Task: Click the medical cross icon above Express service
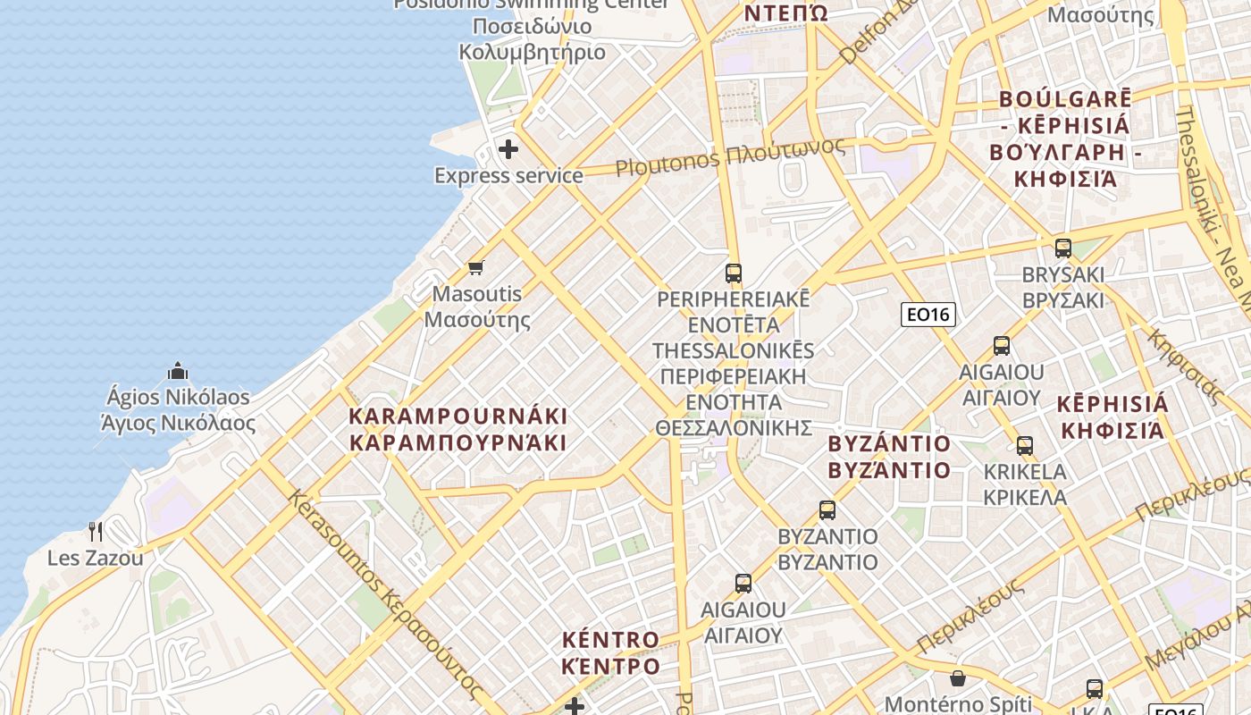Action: (508, 148)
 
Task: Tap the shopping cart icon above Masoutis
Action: (476, 267)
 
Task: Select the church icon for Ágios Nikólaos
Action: (178, 370)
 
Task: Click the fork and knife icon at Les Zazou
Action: (96, 532)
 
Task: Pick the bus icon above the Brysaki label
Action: (1063, 248)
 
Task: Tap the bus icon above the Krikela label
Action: (1025, 445)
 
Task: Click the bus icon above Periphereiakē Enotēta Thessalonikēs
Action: (734, 273)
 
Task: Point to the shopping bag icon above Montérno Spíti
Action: (958, 678)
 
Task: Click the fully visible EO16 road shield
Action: (928, 314)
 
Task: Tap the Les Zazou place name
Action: (95, 559)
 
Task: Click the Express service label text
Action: (508, 175)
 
